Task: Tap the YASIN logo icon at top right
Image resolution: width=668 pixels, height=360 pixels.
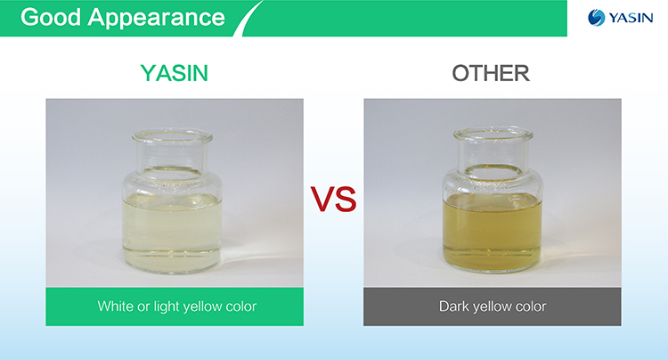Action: (596, 18)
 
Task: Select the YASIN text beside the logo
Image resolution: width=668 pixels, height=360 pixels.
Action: (631, 18)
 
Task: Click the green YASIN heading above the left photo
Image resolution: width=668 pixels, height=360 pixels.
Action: (175, 73)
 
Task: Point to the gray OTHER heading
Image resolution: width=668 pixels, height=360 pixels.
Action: (491, 73)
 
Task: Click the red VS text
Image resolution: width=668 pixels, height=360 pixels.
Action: (333, 199)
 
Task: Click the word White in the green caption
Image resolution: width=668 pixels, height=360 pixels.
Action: (116, 307)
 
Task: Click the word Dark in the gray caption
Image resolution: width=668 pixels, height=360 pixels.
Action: (454, 307)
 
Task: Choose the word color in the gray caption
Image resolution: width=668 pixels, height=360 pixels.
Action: (529, 307)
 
